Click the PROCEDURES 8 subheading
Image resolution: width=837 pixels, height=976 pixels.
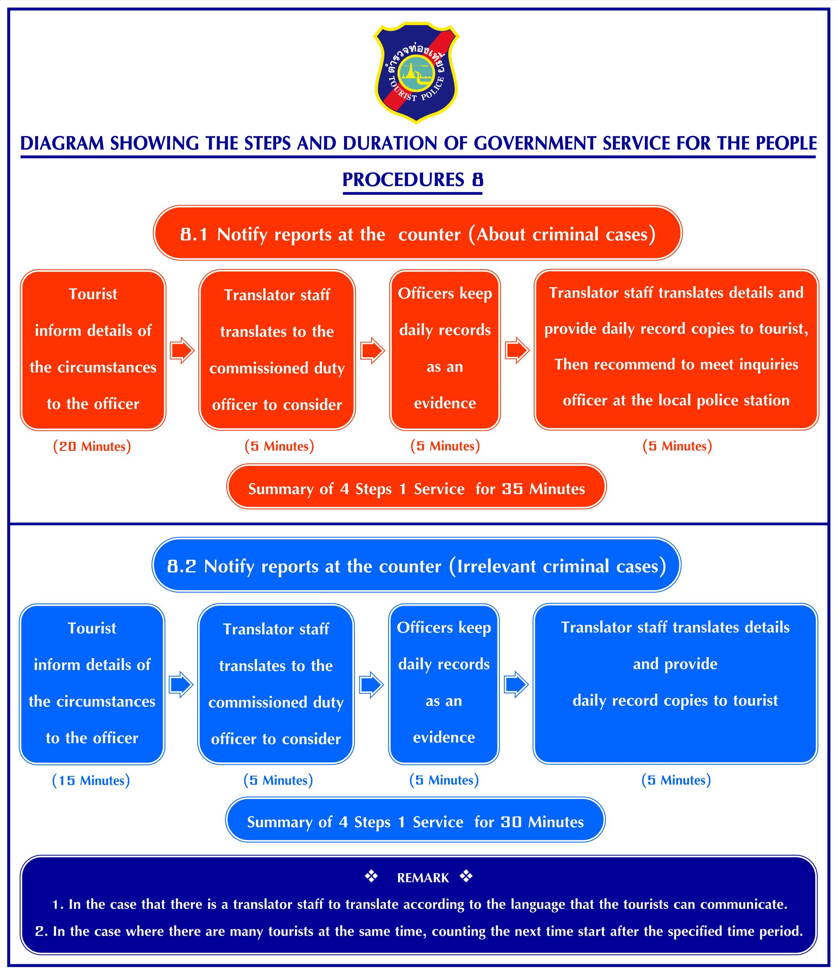click(x=412, y=180)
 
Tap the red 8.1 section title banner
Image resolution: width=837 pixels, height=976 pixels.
click(x=418, y=234)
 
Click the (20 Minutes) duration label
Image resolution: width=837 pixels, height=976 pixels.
click(x=92, y=446)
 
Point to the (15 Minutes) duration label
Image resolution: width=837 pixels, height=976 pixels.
click(x=91, y=780)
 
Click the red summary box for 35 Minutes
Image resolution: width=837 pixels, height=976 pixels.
click(x=416, y=488)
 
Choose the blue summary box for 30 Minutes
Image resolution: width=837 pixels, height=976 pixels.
click(x=415, y=822)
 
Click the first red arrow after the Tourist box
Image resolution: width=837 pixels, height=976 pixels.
click(x=182, y=350)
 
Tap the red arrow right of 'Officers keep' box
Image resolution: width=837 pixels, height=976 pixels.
click(x=517, y=350)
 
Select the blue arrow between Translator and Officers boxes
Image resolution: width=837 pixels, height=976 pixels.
click(x=371, y=684)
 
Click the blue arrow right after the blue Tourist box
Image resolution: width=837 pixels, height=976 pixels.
click(x=181, y=684)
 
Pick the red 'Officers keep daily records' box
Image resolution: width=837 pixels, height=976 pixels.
click(x=444, y=349)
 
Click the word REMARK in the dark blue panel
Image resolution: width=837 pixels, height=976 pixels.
click(x=423, y=878)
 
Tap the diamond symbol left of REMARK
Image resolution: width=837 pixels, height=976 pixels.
click(x=371, y=876)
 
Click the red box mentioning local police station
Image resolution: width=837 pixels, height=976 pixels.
click(x=676, y=349)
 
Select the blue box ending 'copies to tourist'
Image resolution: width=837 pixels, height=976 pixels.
click(x=675, y=684)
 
